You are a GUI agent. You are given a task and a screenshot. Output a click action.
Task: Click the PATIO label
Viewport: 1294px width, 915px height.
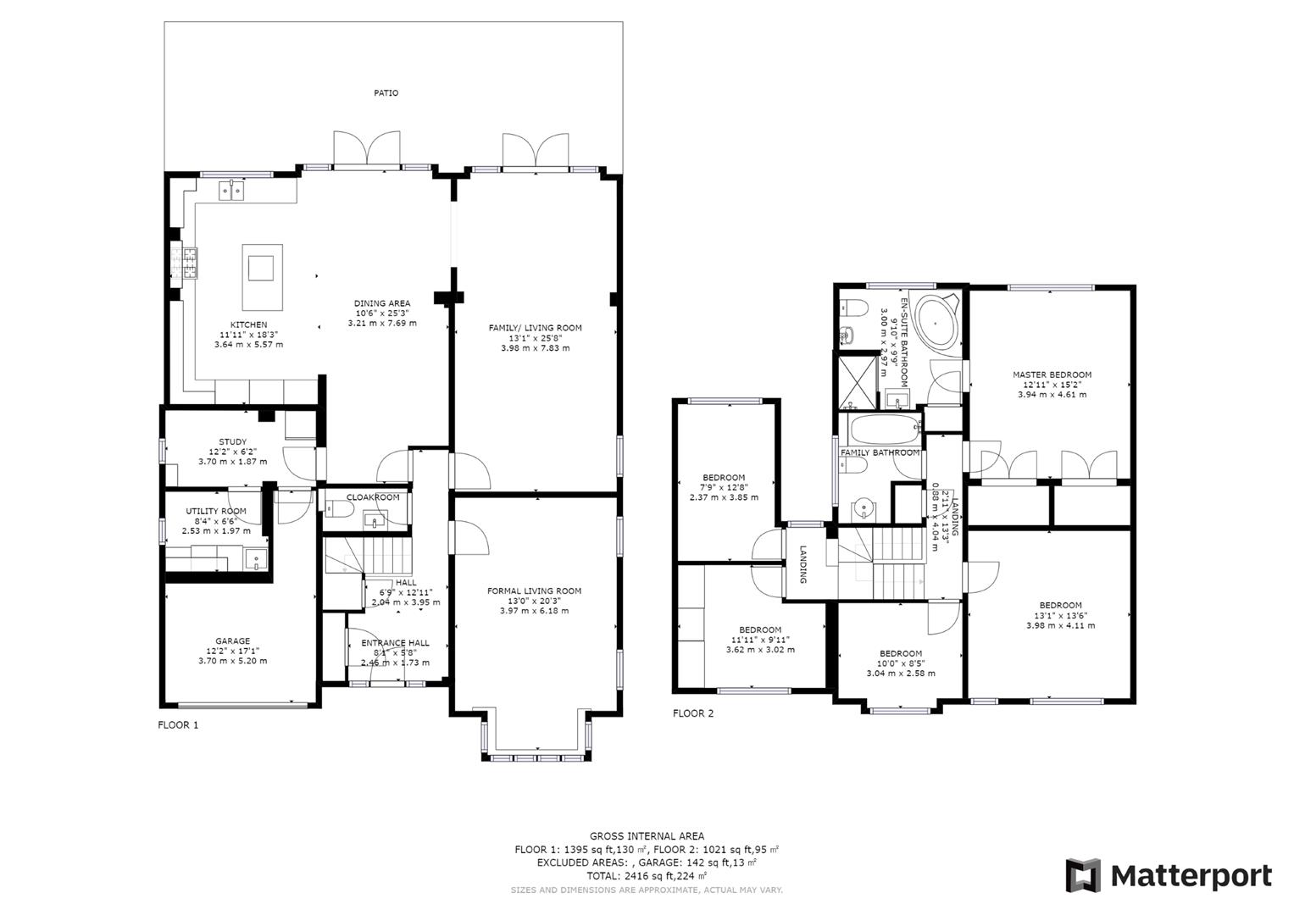click(386, 93)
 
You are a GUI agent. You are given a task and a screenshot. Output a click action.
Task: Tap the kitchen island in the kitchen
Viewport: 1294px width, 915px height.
click(262, 277)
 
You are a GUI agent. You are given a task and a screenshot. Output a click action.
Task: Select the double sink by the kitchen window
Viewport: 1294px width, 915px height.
click(231, 190)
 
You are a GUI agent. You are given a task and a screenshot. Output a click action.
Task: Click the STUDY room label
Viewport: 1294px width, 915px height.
click(233, 442)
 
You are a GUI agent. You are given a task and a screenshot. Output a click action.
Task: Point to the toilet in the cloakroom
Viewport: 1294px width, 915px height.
click(340, 508)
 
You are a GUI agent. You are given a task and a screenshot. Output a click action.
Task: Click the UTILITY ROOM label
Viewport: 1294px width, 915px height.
click(216, 511)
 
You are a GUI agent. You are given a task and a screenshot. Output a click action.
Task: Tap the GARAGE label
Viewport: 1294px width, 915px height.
click(233, 640)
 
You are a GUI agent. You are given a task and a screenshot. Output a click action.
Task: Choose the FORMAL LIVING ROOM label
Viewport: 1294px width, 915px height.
click(535, 591)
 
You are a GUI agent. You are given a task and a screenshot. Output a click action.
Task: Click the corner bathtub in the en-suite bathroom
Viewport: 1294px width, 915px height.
click(937, 322)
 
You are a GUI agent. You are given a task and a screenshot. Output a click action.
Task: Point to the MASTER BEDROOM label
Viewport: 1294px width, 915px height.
click(1052, 374)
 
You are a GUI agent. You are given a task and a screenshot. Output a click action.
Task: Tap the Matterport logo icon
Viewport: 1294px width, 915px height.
click(1082, 875)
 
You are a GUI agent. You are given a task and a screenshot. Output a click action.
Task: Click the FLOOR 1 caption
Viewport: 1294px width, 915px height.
click(178, 725)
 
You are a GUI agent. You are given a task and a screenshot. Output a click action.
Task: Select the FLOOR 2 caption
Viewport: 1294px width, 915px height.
click(693, 713)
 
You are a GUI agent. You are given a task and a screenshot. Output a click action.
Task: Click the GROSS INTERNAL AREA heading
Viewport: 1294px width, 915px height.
click(647, 836)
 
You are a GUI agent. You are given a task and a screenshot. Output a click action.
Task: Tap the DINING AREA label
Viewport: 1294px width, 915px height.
click(382, 303)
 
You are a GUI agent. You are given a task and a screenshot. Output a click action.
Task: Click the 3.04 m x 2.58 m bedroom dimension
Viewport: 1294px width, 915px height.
click(901, 673)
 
